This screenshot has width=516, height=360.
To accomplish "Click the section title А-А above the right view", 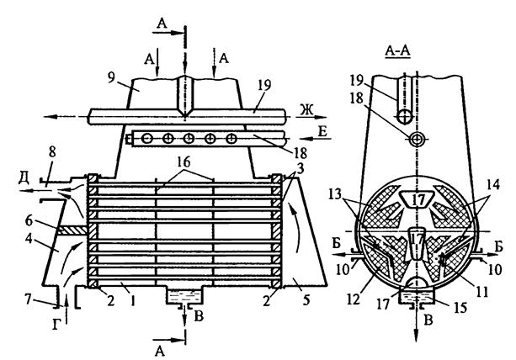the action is coord(397,51).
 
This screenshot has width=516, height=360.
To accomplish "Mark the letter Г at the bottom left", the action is coord(56,326).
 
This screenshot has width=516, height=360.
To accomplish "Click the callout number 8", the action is coord(52,152).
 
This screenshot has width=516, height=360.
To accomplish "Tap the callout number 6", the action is coord(29,221).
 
